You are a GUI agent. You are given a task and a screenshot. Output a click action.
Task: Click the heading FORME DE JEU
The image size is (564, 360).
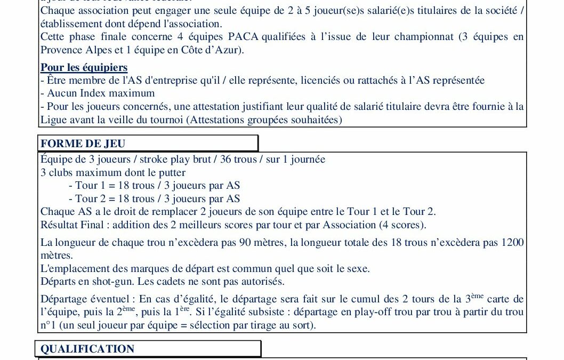(83, 143)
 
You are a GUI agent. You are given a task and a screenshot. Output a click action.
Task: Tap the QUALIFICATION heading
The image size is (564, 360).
(87, 349)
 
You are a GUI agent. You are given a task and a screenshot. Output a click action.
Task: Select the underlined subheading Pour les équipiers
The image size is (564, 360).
(84, 68)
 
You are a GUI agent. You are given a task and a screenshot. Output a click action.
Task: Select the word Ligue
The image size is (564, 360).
(53, 119)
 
